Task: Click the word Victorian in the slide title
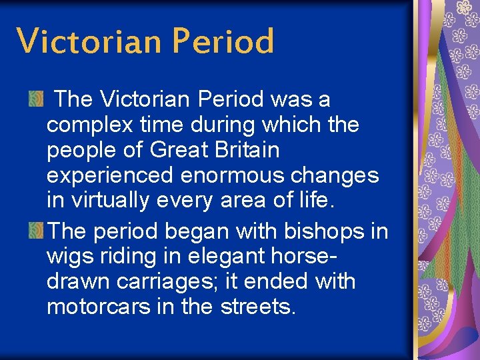point(88,41)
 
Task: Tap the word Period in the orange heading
point(222,41)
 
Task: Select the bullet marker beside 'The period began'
point(35,231)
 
